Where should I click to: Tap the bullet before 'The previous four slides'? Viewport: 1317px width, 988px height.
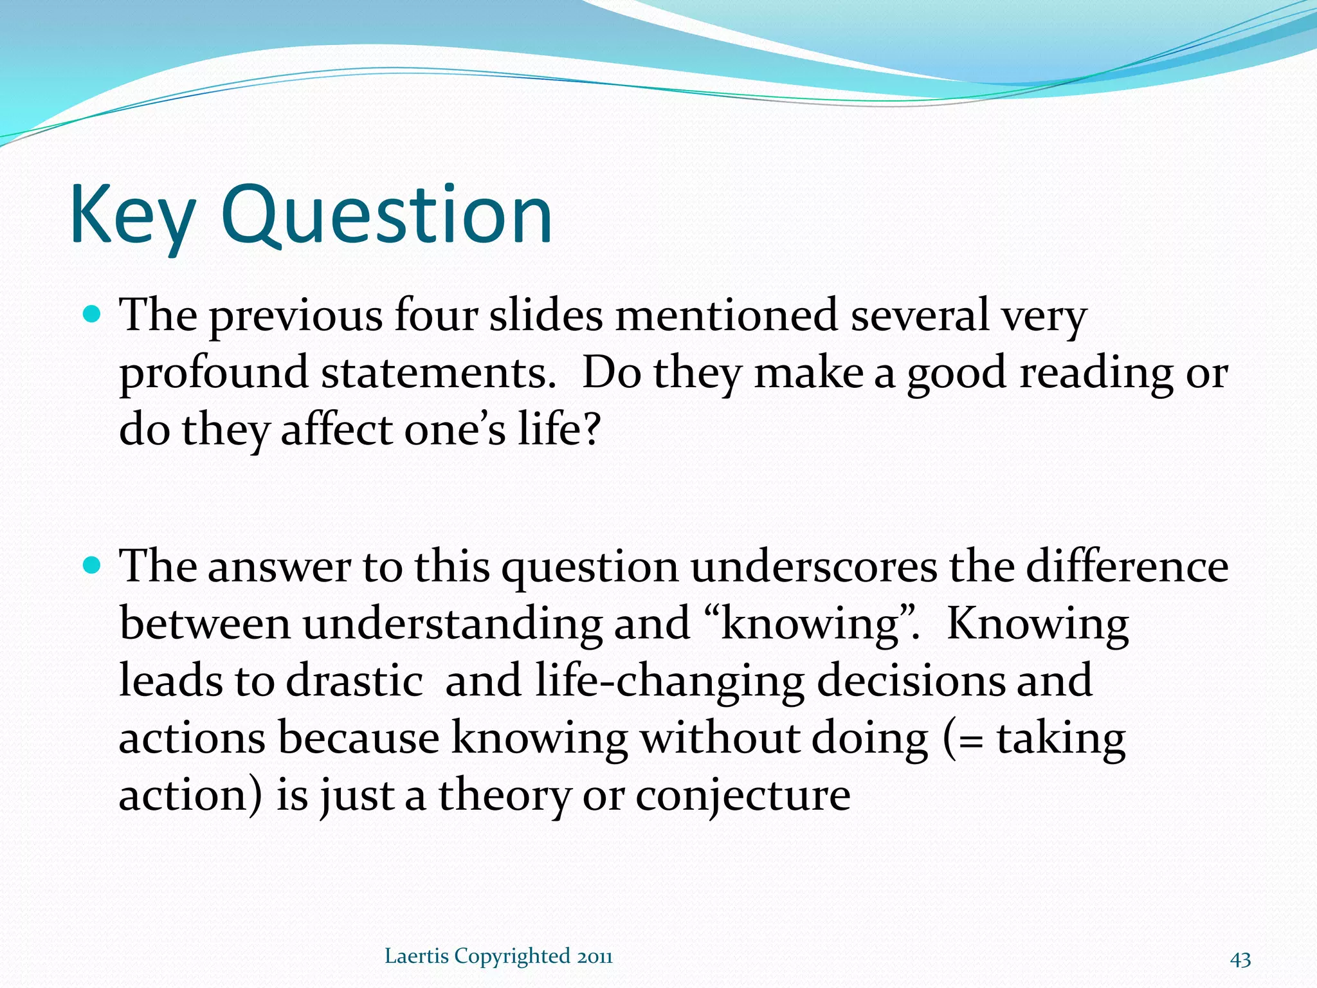pyautogui.click(x=93, y=315)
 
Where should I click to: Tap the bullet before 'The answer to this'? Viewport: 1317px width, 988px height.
pyautogui.click(x=93, y=565)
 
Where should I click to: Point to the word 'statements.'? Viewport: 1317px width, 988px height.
pyautogui.click(x=438, y=372)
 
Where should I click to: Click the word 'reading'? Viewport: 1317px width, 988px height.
pyautogui.click(x=1096, y=374)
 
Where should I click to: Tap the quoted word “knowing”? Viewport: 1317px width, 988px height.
pyautogui.click(x=810, y=624)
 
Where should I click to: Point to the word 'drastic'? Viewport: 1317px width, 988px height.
pyautogui.click(x=354, y=681)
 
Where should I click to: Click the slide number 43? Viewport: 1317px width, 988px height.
pyautogui.click(x=1240, y=959)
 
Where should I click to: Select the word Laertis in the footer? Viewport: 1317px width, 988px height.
pyautogui.click(x=416, y=956)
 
